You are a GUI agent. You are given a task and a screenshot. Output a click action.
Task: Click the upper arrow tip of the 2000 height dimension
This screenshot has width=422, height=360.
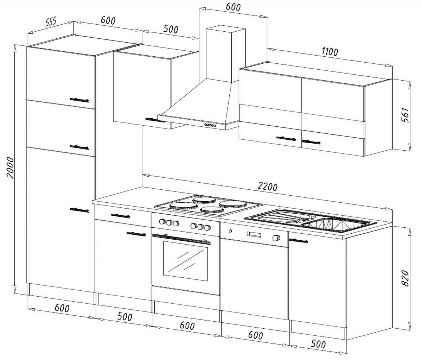15,45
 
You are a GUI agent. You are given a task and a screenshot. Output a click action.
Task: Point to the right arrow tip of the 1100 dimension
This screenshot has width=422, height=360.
392,66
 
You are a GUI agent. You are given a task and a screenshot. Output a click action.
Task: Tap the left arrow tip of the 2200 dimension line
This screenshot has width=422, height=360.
142,175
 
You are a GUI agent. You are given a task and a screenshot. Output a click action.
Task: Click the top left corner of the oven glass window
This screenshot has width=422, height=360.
163,241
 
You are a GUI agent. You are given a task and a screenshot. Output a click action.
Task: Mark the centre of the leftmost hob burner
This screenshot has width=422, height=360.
180,206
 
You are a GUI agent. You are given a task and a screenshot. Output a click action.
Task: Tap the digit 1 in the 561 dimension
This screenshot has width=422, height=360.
406,109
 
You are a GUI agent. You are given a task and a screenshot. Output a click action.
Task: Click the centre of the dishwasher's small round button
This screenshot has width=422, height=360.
230,231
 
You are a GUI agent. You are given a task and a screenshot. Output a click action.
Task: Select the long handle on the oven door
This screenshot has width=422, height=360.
182,239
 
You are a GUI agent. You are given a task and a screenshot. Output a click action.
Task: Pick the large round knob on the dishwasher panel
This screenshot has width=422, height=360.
276,238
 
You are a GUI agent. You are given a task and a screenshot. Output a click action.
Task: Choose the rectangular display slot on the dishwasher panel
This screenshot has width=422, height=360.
254,234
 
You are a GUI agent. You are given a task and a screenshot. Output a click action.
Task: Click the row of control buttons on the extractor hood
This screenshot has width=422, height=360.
210,125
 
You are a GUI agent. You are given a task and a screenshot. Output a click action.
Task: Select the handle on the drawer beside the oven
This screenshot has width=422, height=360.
121,216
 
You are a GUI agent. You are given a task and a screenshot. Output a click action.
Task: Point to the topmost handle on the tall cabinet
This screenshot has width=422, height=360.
79,100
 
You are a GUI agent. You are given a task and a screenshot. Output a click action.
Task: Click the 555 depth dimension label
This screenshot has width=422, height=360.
50,22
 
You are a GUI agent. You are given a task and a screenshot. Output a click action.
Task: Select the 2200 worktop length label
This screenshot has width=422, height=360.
268,187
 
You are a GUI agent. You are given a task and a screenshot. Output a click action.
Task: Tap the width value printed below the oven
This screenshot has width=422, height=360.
187,326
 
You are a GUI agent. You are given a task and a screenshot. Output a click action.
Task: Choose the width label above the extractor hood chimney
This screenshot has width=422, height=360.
233,7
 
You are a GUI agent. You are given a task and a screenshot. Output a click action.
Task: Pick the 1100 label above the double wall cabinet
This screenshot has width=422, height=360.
330,52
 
